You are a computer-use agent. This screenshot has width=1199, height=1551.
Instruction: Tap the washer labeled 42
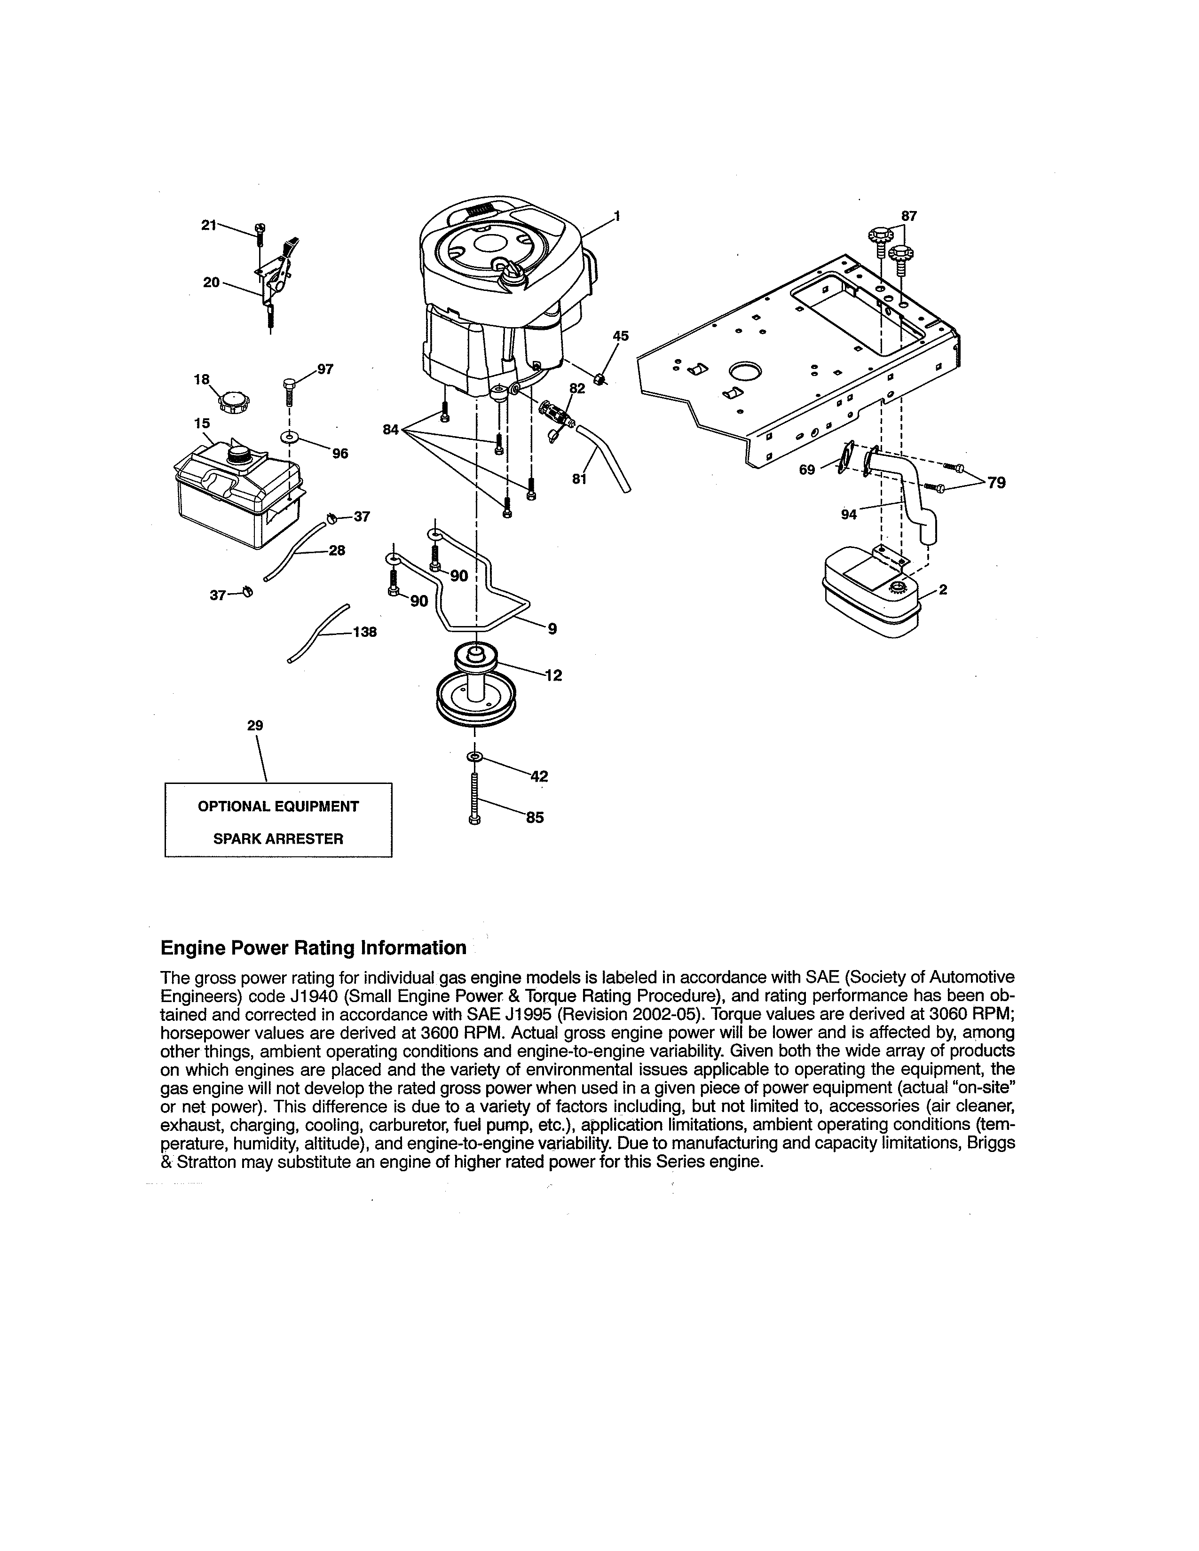coord(474,757)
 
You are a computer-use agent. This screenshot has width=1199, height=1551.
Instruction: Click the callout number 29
coord(255,725)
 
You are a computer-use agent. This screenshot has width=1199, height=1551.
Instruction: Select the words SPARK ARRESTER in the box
coord(278,838)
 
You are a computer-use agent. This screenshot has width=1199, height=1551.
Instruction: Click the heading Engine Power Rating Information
coord(313,948)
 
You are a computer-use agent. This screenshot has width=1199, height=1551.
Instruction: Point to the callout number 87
coord(908,216)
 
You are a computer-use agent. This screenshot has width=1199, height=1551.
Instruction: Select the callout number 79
coord(996,483)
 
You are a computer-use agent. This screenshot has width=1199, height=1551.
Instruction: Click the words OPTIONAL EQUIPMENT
coord(278,806)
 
